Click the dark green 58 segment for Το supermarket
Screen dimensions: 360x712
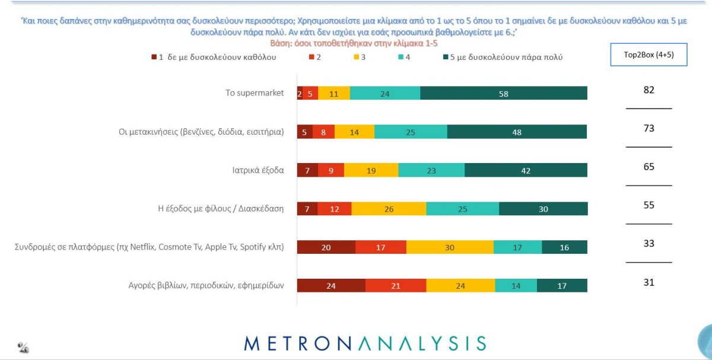click(x=504, y=93)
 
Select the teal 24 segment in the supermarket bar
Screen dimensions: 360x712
click(x=385, y=93)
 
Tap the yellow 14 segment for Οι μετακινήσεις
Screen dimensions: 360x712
click(x=354, y=132)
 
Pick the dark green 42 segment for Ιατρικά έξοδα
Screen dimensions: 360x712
click(x=526, y=170)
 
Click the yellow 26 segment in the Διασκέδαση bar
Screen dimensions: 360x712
click(x=389, y=209)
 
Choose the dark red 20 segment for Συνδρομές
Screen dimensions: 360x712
click(x=326, y=247)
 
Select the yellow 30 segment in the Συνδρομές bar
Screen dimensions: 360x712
click(x=450, y=247)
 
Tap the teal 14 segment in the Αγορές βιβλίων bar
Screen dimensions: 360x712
click(x=515, y=285)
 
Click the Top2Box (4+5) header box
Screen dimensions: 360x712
click(x=649, y=55)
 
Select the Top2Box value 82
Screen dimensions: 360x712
click(x=649, y=90)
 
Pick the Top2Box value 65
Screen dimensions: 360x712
click(x=649, y=167)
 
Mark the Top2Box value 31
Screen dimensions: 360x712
click(x=649, y=282)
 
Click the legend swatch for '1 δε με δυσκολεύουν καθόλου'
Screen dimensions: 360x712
click(x=154, y=58)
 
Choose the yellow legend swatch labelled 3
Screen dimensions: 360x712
click(x=357, y=58)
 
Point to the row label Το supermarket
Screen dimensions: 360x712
click(x=255, y=93)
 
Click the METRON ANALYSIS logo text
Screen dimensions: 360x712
click(x=365, y=343)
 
